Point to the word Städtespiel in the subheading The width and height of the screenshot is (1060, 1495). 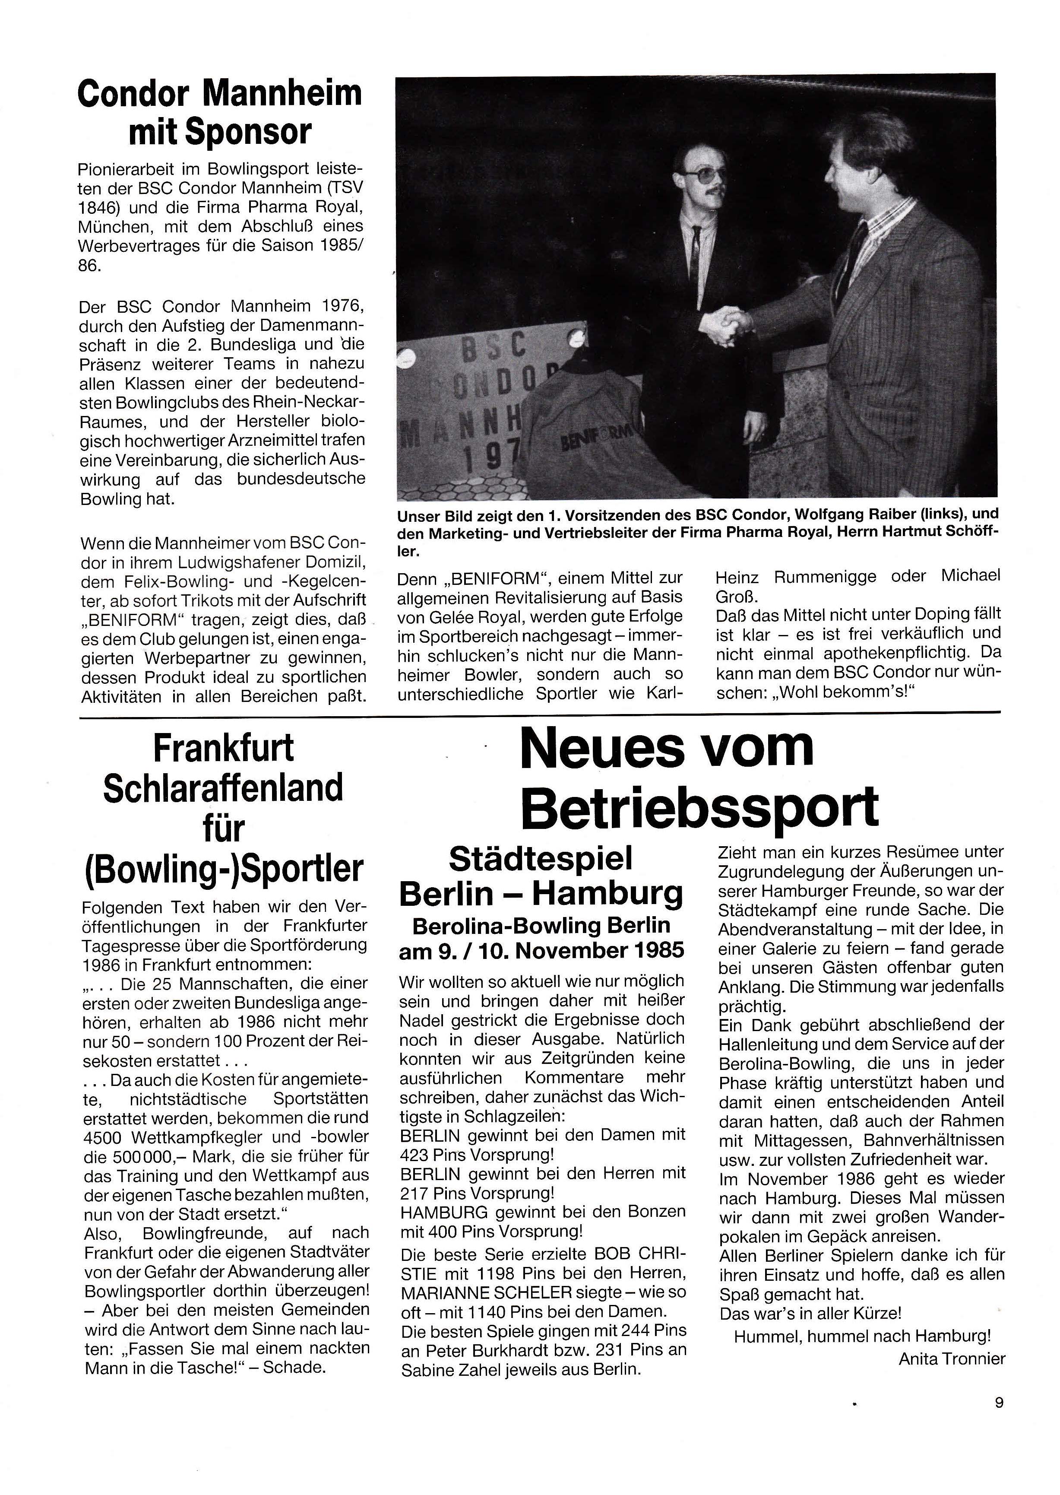coord(541,858)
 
